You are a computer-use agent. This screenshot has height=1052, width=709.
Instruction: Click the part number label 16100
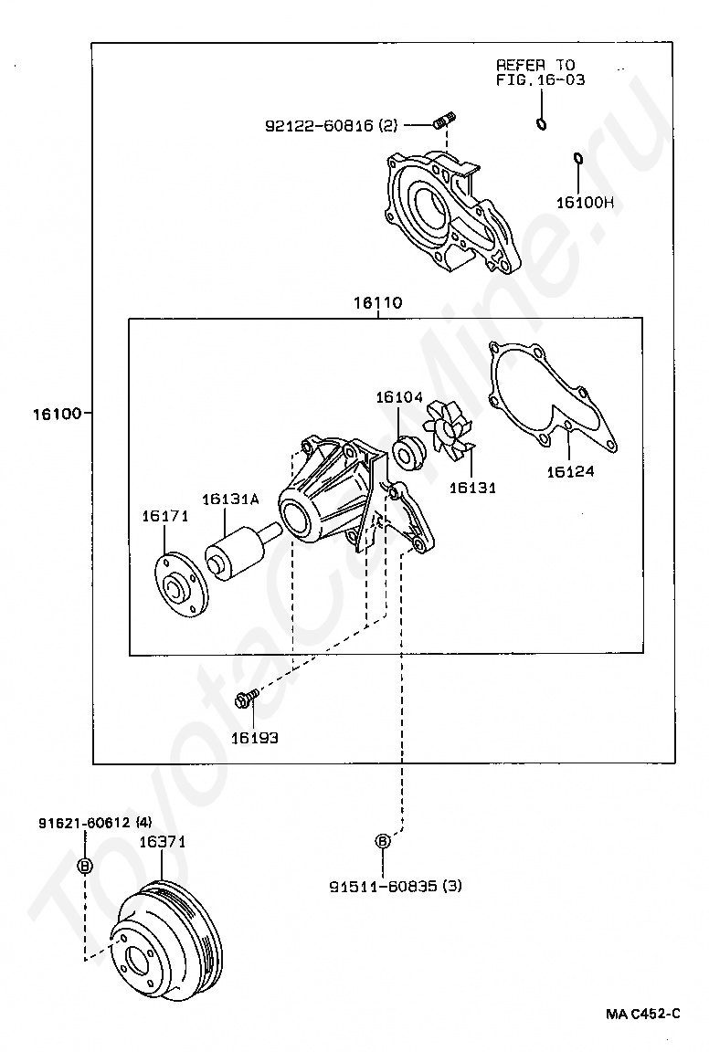click(x=57, y=414)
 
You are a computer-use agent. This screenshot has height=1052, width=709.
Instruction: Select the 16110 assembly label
click(x=378, y=302)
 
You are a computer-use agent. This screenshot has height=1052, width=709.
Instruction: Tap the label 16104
click(x=398, y=397)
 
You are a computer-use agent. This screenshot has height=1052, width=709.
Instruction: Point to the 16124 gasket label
click(x=570, y=471)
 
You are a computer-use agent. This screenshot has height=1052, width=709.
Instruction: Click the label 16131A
click(x=230, y=500)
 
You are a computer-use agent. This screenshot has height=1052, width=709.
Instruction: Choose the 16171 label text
click(x=165, y=516)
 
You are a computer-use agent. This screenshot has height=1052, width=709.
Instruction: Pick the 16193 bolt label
click(x=255, y=738)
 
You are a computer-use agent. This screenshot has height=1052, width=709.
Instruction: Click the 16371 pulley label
click(x=163, y=841)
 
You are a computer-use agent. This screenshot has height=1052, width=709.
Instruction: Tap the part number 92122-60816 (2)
click(x=332, y=125)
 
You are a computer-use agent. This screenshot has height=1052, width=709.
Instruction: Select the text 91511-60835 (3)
click(x=396, y=887)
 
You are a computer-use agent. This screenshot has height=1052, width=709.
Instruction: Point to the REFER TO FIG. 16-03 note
click(x=540, y=72)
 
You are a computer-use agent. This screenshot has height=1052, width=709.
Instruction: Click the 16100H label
click(x=585, y=203)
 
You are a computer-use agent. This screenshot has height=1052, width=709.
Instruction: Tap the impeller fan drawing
click(x=449, y=430)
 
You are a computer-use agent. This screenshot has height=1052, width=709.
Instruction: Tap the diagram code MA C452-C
click(x=642, y=1013)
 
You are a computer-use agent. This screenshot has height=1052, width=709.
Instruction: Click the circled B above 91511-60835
click(x=381, y=841)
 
